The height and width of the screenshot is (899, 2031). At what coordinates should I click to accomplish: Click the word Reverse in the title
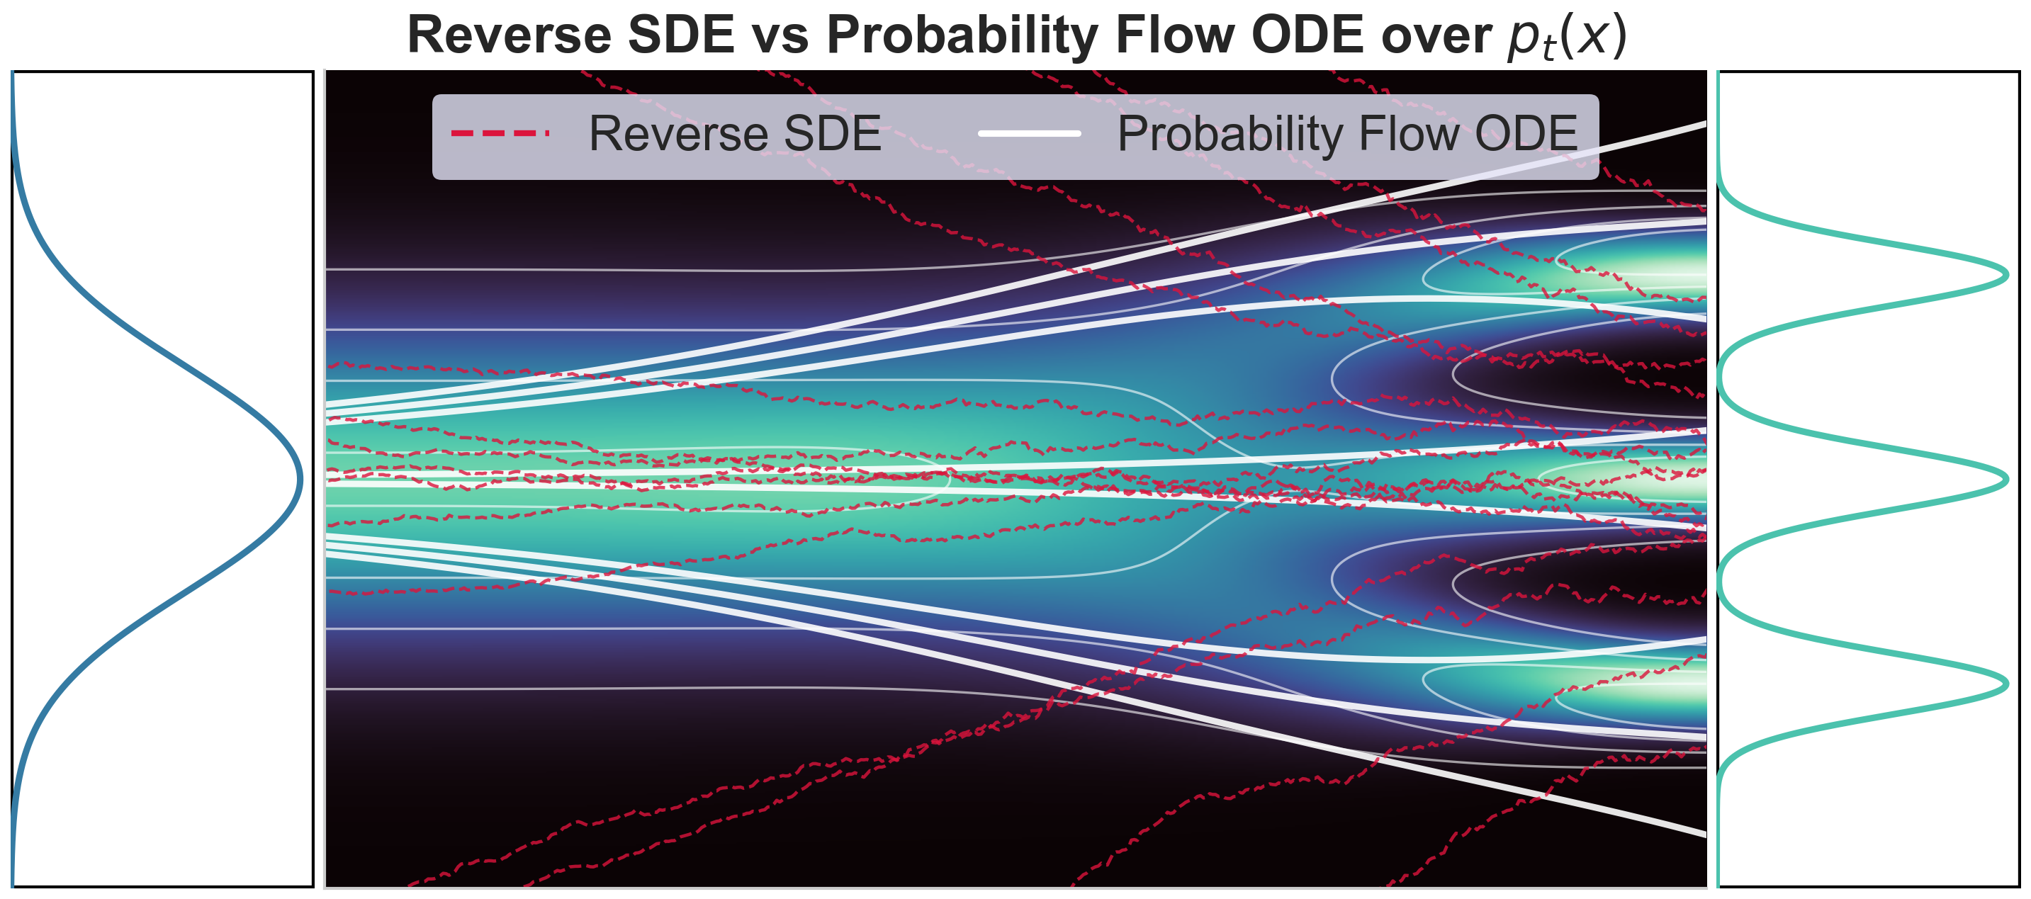point(510,35)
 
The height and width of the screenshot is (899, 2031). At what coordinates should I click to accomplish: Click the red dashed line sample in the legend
point(500,133)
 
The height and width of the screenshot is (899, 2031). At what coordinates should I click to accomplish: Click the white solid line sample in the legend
point(1029,133)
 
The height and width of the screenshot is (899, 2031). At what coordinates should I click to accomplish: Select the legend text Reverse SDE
point(735,133)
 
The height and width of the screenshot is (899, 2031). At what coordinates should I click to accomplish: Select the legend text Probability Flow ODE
point(1347,135)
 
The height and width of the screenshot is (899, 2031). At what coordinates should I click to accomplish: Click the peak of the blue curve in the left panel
point(300,480)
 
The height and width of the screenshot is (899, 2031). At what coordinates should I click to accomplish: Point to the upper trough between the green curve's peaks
point(1721,378)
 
